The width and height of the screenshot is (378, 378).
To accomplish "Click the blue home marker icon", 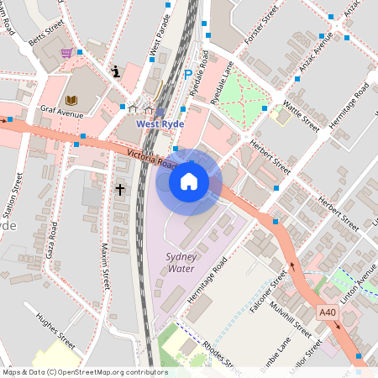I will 188,181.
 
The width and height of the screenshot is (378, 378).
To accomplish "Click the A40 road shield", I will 328,312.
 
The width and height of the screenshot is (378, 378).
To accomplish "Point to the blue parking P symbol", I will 187,75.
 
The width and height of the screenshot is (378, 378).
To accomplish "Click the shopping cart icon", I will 66,53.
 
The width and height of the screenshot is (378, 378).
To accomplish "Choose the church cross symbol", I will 120,190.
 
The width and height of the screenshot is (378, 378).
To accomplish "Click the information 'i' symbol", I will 116,71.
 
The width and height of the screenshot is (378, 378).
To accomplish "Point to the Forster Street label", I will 260,26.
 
